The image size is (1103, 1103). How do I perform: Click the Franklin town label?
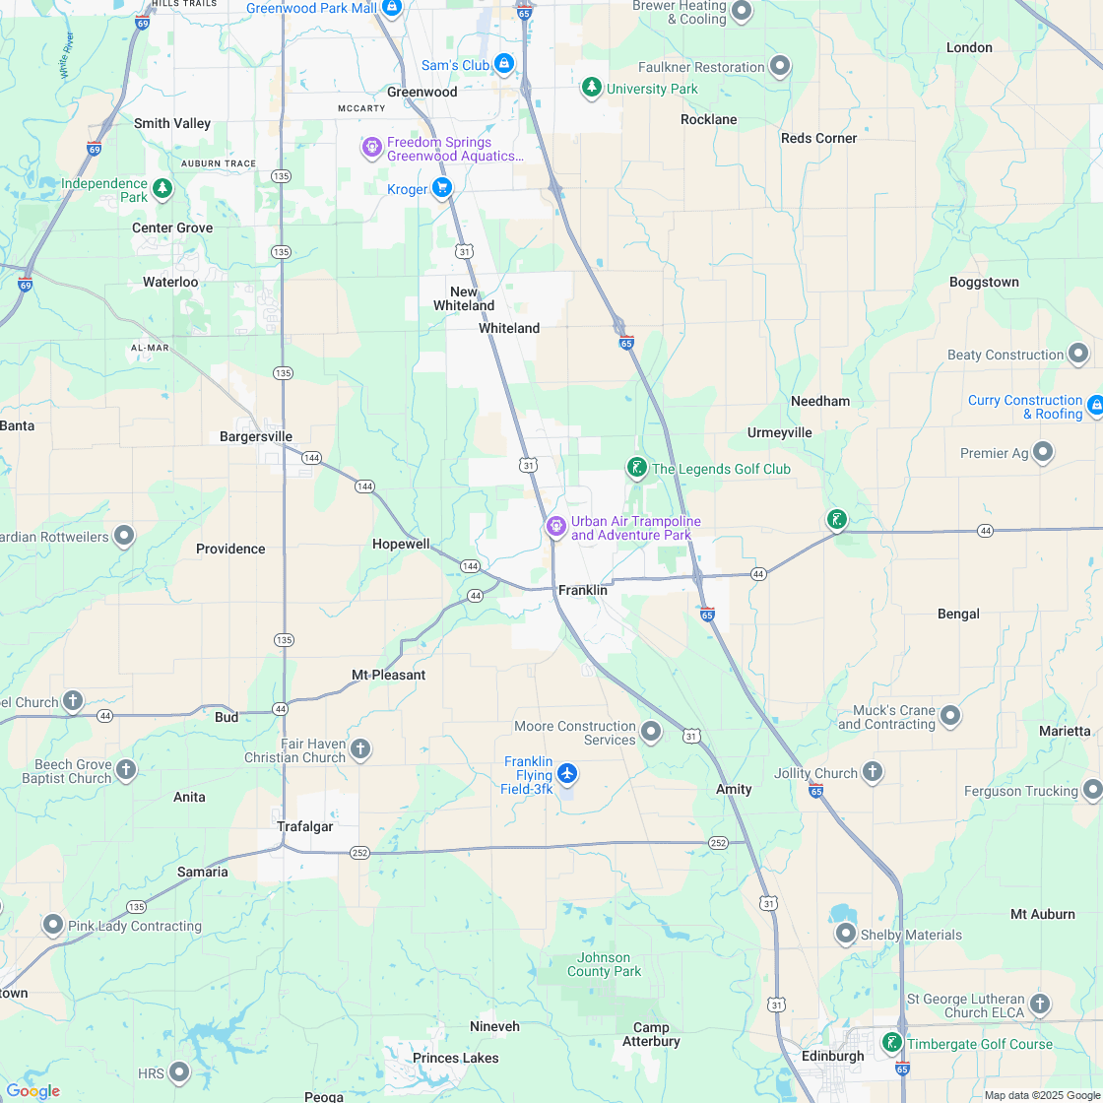click(x=582, y=591)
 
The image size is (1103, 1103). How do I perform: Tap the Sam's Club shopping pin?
click(x=504, y=64)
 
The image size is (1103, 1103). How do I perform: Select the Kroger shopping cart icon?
click(x=442, y=187)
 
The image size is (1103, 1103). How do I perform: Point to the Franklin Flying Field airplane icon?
click(x=566, y=773)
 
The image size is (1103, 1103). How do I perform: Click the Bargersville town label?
click(x=256, y=436)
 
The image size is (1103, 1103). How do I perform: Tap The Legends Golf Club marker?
click(x=637, y=468)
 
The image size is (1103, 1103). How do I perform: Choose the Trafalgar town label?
click(x=304, y=826)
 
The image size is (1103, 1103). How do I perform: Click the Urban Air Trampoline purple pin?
click(x=555, y=527)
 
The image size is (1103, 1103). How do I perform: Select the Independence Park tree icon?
click(x=162, y=187)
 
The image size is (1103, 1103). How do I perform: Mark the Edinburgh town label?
click(x=831, y=1056)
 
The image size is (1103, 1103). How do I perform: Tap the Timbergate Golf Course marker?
click(x=892, y=1042)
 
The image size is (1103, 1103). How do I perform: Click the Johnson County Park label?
click(x=604, y=964)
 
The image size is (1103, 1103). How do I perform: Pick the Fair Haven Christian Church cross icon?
click(x=360, y=749)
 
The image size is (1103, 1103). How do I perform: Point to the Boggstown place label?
click(x=984, y=282)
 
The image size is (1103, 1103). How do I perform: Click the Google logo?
click(x=32, y=1091)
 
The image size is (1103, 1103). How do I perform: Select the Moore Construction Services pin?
click(x=651, y=731)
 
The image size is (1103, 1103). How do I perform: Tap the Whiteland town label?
click(x=509, y=328)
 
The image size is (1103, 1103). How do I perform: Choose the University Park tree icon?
click(x=591, y=87)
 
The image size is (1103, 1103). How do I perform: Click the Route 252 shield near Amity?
click(x=718, y=843)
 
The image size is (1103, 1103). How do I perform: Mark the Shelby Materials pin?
click(x=845, y=933)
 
